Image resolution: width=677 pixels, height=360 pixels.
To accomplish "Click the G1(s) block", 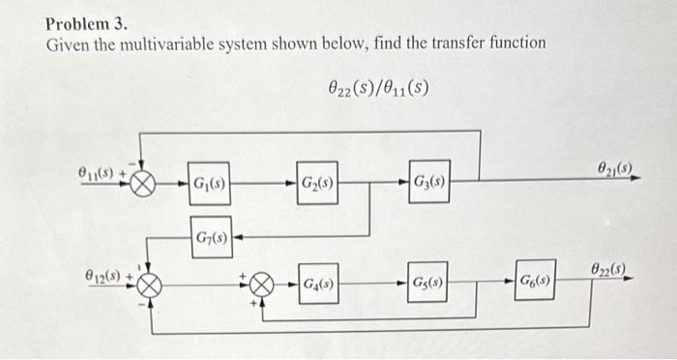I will click(x=209, y=183).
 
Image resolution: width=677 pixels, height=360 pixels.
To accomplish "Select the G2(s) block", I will click(x=317, y=183).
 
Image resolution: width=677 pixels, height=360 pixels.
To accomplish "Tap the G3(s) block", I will click(x=427, y=183).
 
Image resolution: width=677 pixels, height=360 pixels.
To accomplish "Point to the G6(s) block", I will click(x=535, y=281).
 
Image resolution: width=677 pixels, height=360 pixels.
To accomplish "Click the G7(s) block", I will click(x=209, y=235).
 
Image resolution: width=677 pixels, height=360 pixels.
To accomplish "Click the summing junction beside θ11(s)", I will click(x=144, y=183).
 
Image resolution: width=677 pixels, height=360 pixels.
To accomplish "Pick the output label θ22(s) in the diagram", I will click(x=609, y=267).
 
